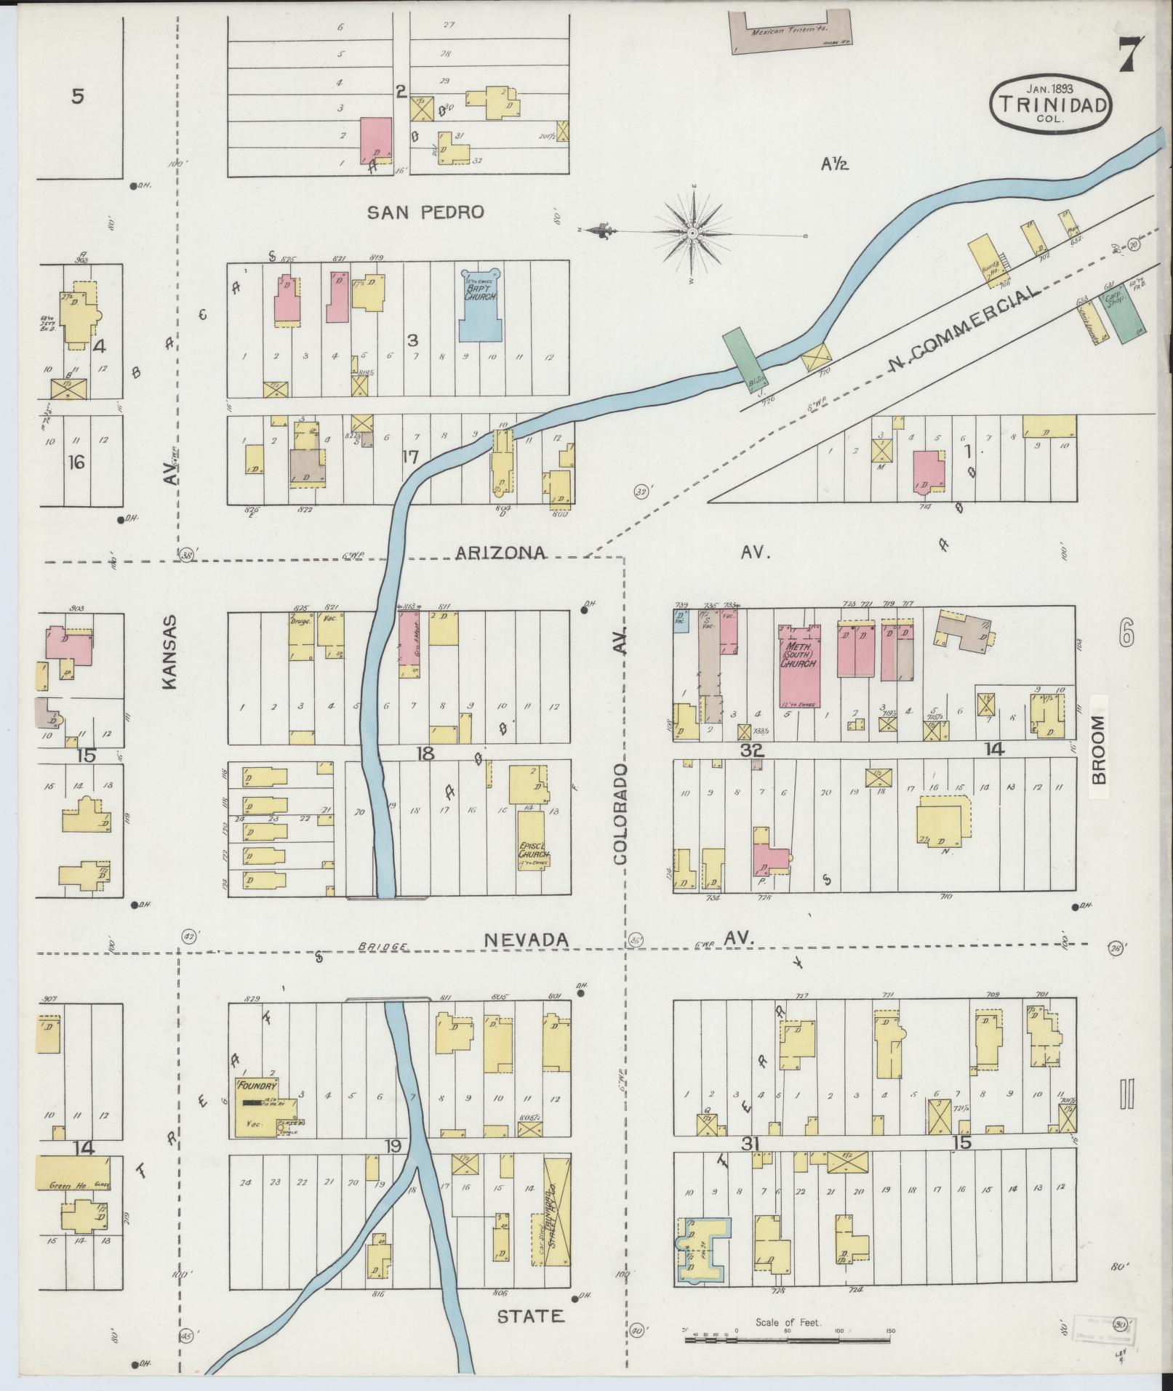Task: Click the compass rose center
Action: [692, 233]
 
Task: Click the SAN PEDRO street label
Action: [425, 212]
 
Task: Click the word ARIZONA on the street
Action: [500, 553]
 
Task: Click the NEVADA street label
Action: [526, 940]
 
